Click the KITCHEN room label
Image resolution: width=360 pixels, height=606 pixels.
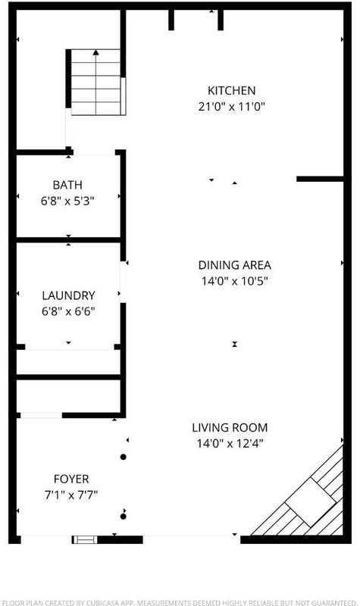pyautogui.click(x=232, y=90)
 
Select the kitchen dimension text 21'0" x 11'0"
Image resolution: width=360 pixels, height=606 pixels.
pyautogui.click(x=232, y=106)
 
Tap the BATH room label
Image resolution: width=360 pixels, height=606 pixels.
pyautogui.click(x=67, y=185)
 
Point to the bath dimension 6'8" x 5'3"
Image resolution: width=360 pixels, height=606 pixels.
pyautogui.click(x=67, y=201)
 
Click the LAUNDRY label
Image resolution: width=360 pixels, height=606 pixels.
pyautogui.click(x=68, y=295)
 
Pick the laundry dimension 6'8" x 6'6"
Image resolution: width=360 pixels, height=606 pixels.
pyautogui.click(x=68, y=311)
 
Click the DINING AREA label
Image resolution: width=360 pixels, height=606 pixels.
pyautogui.click(x=235, y=265)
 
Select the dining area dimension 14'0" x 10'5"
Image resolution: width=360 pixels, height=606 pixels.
pyautogui.click(x=235, y=281)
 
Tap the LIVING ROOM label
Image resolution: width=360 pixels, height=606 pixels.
pyautogui.click(x=230, y=427)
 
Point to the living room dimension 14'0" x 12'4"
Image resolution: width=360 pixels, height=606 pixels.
pyautogui.click(x=230, y=443)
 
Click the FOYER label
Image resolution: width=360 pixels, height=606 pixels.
pyautogui.click(x=71, y=479)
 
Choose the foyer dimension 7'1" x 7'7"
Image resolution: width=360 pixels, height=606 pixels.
pyautogui.click(x=71, y=495)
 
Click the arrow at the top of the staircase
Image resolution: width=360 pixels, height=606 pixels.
pyautogui.click(x=95, y=52)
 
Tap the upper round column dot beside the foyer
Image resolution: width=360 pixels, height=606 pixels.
pyautogui.click(x=124, y=457)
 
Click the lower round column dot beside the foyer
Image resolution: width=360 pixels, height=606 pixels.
pyautogui.click(x=124, y=516)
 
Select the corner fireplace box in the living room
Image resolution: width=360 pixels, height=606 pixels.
pyautogui.click(x=311, y=501)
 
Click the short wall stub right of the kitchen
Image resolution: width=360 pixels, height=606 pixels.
pyautogui.click(x=320, y=179)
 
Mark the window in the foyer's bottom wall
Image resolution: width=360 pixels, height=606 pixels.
pyautogui.click(x=85, y=539)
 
